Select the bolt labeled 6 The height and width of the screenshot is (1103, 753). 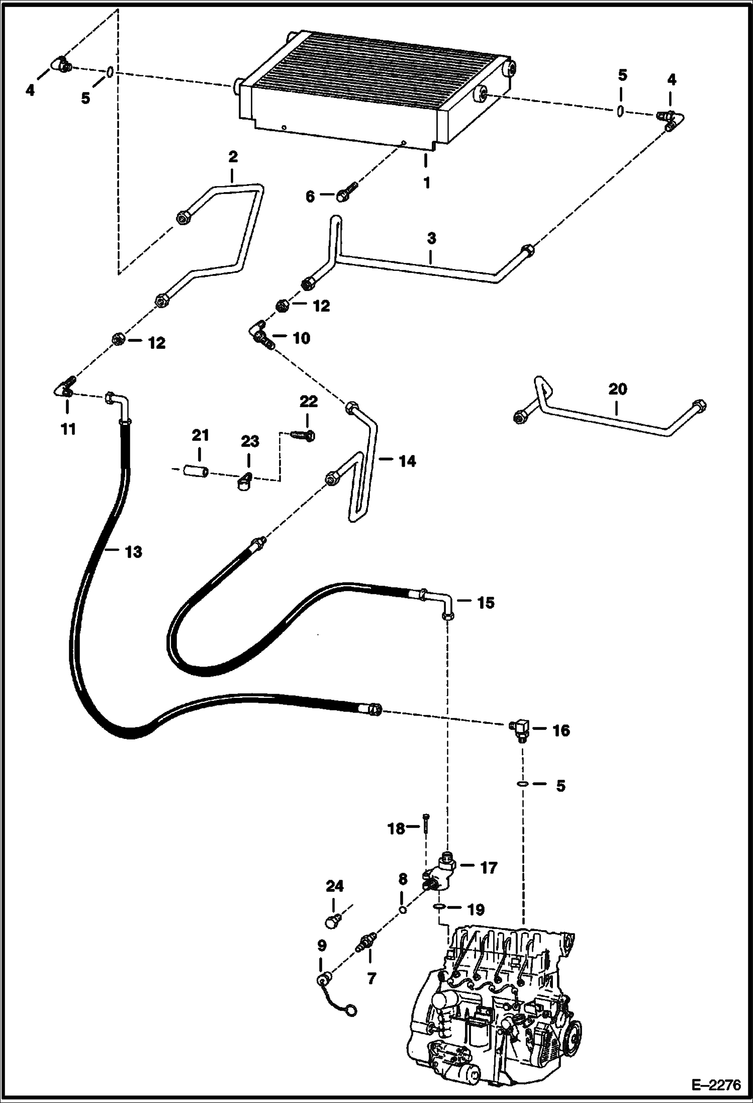(346, 193)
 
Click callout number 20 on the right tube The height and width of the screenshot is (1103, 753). (617, 389)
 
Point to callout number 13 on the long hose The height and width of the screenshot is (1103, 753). (134, 551)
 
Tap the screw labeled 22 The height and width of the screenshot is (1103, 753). (303, 434)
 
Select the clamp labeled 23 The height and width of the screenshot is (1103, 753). (244, 481)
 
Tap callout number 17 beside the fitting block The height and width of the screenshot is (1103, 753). (488, 867)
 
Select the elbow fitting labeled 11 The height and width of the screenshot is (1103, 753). (64, 391)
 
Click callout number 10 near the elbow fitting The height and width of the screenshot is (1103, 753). (302, 338)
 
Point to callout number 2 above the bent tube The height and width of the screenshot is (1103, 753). (232, 157)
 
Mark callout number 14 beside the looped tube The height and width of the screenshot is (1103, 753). (407, 461)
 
